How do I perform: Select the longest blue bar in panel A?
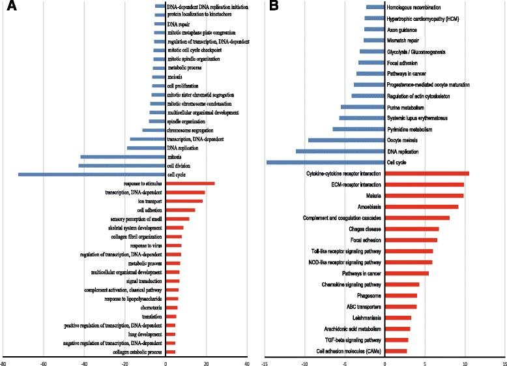(92, 174)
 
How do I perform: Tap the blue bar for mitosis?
(123, 157)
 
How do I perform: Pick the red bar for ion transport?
(184, 202)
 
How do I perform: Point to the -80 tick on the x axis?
(4, 359)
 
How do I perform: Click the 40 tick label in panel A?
(247, 359)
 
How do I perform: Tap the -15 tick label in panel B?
(264, 359)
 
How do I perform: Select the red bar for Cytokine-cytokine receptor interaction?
(427, 174)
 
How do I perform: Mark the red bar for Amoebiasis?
(422, 207)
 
